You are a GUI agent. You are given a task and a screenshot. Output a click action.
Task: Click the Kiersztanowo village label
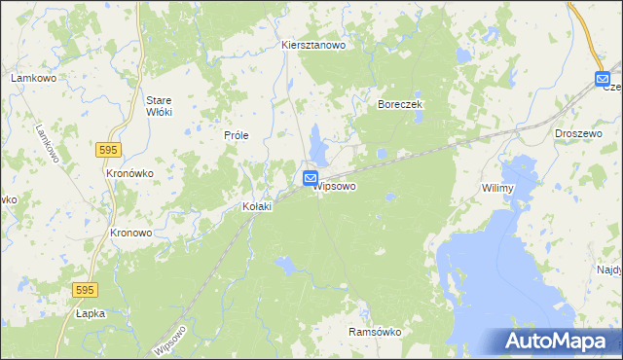(313, 45)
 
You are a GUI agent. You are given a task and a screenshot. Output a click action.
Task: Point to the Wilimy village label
(496, 189)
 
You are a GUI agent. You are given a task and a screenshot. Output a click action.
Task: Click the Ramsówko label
(375, 332)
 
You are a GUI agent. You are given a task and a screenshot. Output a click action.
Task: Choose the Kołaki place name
(257, 206)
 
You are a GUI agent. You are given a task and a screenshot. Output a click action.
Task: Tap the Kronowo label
(130, 234)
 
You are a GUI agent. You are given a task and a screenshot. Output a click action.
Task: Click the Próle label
(237, 135)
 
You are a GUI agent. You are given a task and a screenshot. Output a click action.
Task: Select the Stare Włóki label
(158, 105)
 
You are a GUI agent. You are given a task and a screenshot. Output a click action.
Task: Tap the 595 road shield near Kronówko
(108, 149)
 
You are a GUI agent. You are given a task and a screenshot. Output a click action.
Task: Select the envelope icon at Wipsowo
(310, 178)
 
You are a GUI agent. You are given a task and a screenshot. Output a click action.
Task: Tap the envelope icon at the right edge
(603, 78)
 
